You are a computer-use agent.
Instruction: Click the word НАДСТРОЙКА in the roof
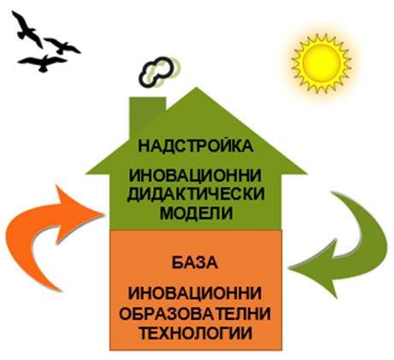click(x=196, y=146)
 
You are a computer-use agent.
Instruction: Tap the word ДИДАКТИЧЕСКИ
click(x=196, y=194)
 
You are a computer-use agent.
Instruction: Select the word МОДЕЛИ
click(x=197, y=213)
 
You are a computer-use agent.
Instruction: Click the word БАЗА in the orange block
click(x=195, y=263)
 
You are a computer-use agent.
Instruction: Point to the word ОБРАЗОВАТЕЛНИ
click(x=195, y=314)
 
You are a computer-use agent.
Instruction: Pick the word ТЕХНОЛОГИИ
click(x=197, y=333)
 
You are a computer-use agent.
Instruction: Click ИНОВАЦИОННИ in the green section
click(x=196, y=175)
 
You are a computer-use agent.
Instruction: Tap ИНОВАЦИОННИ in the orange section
click(x=195, y=294)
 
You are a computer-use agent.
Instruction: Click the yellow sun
click(x=321, y=63)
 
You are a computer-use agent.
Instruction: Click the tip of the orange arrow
click(x=103, y=213)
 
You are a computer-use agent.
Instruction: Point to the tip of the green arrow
click(x=288, y=268)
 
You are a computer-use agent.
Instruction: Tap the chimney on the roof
click(x=147, y=113)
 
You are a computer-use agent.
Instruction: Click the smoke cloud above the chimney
click(x=157, y=72)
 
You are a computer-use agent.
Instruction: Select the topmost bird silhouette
click(x=27, y=29)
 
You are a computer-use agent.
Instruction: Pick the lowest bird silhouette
click(x=43, y=63)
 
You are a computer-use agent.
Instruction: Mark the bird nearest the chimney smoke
click(x=62, y=46)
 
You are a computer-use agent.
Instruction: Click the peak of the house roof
click(x=197, y=87)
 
